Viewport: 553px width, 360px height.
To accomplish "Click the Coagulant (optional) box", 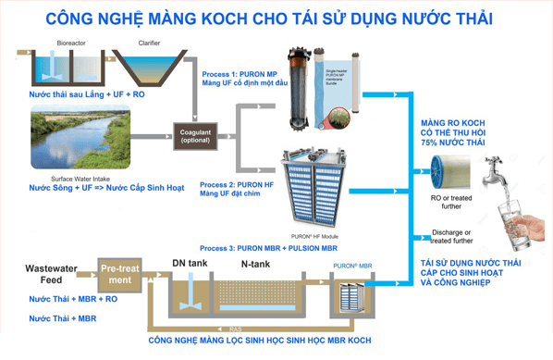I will (194, 137).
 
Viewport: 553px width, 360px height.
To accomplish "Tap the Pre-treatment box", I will (119, 275).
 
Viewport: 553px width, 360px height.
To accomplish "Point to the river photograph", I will (80, 137).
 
